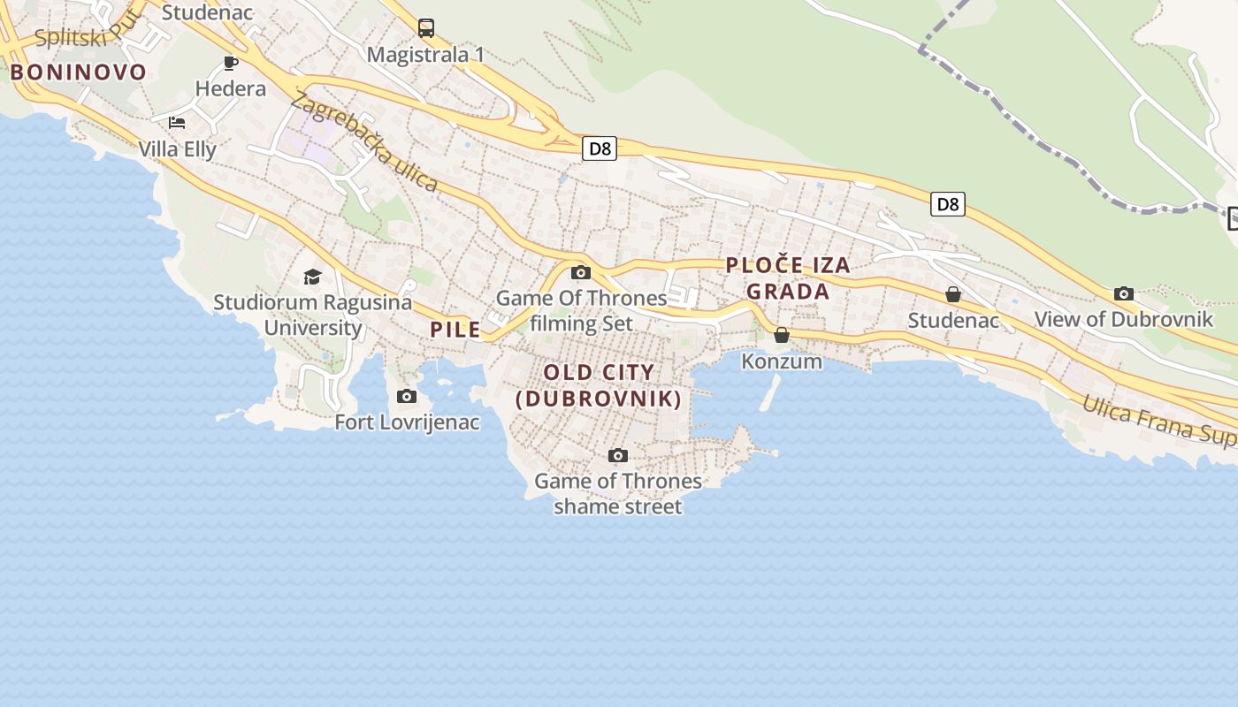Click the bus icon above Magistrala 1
(426, 28)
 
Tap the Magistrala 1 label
(425, 55)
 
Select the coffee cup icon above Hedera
(231, 63)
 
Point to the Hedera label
(231, 88)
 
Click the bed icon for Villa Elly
(177, 122)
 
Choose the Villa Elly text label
(177, 148)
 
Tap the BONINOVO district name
(78, 72)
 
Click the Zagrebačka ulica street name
(363, 142)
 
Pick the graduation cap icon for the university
(312, 277)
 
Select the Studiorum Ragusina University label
(313, 315)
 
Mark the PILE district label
(455, 330)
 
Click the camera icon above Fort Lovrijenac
(407, 396)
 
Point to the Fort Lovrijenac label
(407, 422)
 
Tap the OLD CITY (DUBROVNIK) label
(600, 386)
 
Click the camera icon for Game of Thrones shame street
(618, 456)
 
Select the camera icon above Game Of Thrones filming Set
(581, 272)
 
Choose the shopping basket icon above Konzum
(782, 335)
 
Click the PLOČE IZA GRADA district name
(788, 278)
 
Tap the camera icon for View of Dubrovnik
(1124, 293)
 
